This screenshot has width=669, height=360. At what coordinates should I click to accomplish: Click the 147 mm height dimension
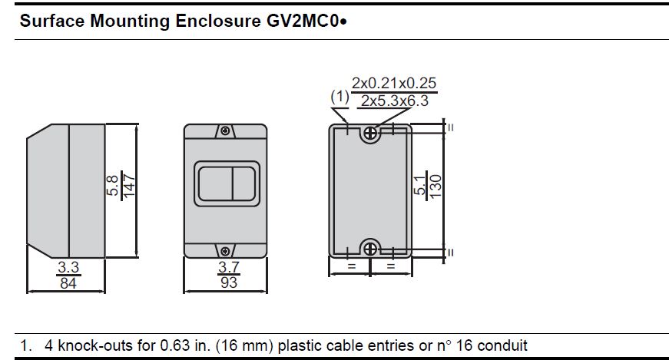click(129, 186)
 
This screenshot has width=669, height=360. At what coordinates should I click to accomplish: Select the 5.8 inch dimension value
click(112, 186)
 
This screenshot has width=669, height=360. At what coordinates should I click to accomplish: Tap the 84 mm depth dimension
click(68, 282)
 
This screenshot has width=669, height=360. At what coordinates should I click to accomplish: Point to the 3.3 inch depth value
click(68, 267)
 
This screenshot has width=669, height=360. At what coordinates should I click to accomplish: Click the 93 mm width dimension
click(229, 282)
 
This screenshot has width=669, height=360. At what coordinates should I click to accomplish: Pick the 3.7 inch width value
click(229, 267)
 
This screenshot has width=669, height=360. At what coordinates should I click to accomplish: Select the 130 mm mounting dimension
click(436, 187)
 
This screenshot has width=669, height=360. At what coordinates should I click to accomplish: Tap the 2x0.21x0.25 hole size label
click(394, 83)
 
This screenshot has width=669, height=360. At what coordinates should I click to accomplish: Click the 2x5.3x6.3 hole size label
click(395, 101)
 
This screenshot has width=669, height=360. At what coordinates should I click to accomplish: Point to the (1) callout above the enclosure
click(339, 97)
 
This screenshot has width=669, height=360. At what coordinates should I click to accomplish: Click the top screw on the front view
click(225, 130)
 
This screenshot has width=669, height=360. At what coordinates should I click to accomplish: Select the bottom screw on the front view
click(225, 251)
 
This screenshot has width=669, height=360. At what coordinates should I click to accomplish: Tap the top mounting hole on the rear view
click(370, 134)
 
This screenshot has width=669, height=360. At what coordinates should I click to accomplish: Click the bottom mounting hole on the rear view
click(370, 249)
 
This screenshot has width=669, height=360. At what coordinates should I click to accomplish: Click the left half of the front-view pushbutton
click(216, 184)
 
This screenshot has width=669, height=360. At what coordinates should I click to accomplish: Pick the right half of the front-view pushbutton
click(244, 184)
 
